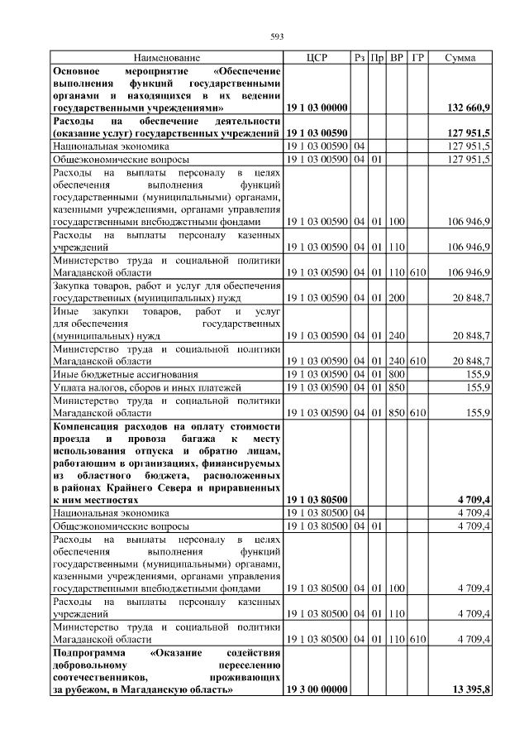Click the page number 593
(x=277, y=36)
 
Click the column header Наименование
(x=166, y=58)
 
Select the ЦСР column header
(x=317, y=58)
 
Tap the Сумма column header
(x=460, y=58)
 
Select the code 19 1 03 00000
(x=317, y=108)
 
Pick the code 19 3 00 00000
(x=317, y=689)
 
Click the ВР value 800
(x=397, y=374)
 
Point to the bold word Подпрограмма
(x=90, y=655)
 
